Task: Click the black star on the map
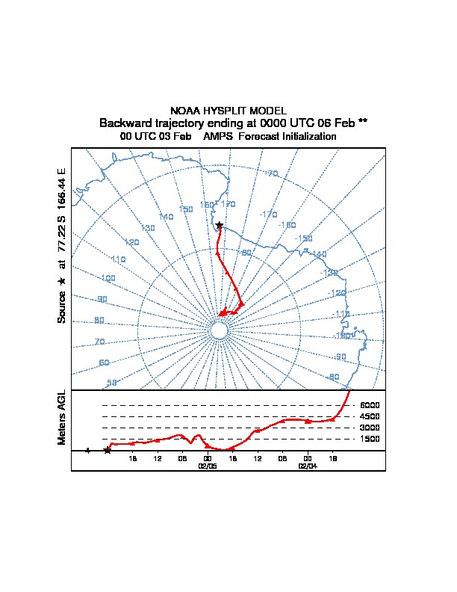219,225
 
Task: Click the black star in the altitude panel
108,450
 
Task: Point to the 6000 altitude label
370,405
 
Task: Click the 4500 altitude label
370,416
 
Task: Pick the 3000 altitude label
370,428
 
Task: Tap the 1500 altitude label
370,439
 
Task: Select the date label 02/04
308,465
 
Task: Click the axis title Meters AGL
62,417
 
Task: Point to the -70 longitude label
272,173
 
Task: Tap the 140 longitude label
166,217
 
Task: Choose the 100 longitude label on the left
108,278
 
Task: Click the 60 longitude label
104,363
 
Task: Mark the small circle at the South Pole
219,330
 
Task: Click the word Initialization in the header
299,137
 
